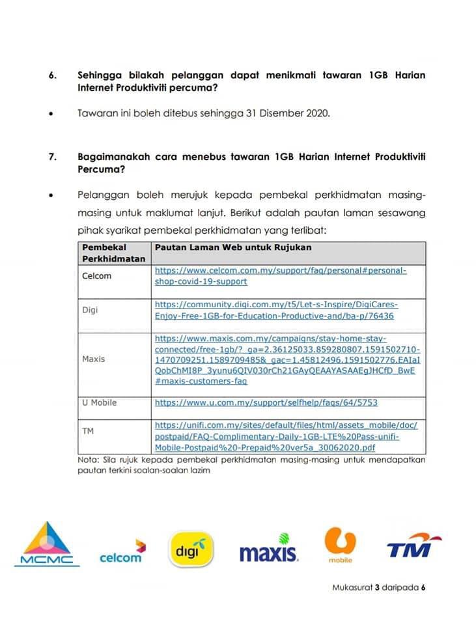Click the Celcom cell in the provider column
click(97, 276)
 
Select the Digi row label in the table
click(91, 310)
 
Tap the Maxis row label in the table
click(94, 359)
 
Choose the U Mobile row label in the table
click(100, 402)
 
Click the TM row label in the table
click(88, 430)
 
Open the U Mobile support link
click(266, 403)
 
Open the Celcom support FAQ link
click(281, 276)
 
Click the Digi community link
click(276, 310)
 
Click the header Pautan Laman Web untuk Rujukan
click(232, 247)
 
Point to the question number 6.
click(52, 76)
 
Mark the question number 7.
click(52, 157)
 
